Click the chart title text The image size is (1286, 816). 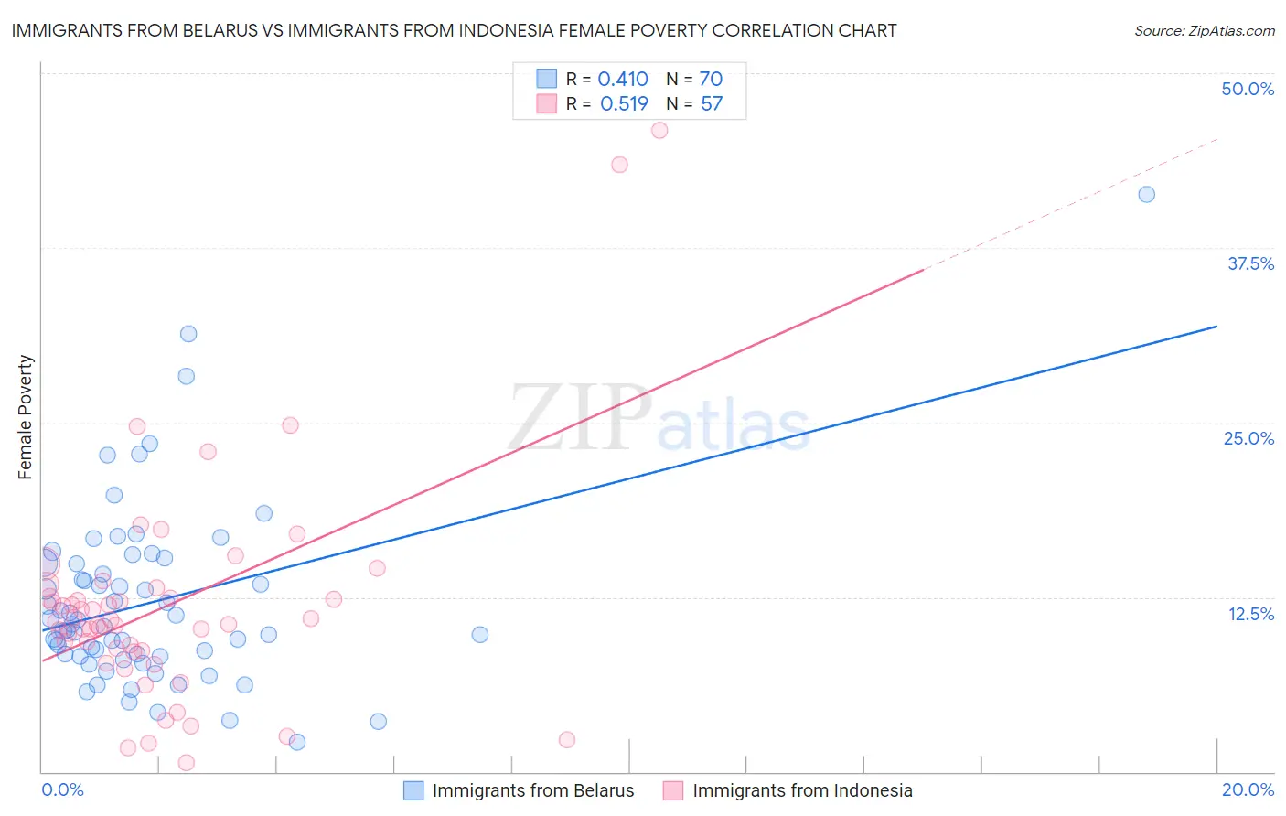point(454,30)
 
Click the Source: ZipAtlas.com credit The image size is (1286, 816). point(1204,30)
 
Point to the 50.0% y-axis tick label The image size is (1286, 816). point(1248,89)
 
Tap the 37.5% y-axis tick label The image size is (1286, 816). point(1250,263)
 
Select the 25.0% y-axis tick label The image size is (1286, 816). point(1248,438)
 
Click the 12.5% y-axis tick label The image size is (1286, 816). point(1250,614)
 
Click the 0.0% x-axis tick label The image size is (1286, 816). point(62,789)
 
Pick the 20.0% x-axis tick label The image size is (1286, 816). point(1248,789)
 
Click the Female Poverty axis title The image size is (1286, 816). point(25,417)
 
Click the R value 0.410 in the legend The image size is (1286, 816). point(623,80)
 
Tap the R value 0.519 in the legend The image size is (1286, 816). point(624,104)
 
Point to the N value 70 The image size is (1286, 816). point(711,80)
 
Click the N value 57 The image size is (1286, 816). point(712,104)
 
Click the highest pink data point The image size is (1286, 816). point(659,131)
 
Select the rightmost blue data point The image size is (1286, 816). point(1146,194)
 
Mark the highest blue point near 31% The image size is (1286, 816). point(188,334)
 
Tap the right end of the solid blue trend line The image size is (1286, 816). point(1216,326)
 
